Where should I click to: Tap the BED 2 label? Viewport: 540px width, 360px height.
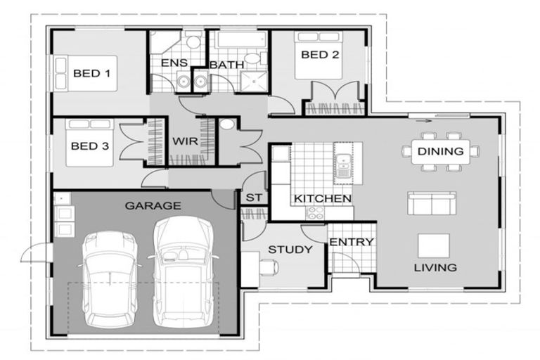click(316, 55)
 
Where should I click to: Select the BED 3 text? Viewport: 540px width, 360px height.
click(89, 147)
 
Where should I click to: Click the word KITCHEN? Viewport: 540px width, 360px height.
click(323, 199)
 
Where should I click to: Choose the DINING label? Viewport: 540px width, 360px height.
click(440, 151)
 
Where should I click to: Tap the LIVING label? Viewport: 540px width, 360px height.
click(435, 267)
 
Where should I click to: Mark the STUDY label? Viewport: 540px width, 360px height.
click(285, 250)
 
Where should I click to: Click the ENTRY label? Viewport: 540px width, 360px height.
click(351, 243)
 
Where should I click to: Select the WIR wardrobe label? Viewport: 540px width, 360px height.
click(185, 141)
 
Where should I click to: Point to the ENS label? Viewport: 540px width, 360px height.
click(174, 63)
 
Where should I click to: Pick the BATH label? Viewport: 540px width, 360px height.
click(227, 65)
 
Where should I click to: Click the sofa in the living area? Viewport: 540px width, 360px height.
click(431, 204)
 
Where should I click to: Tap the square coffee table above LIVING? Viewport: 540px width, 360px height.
click(433, 245)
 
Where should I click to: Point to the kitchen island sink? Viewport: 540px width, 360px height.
click(344, 165)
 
